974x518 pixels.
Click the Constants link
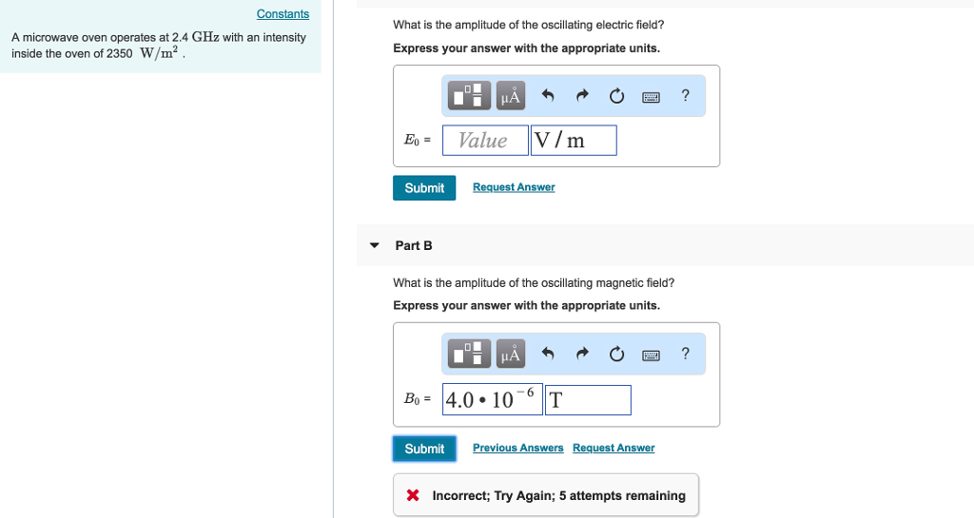click(x=282, y=14)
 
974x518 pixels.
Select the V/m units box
click(x=574, y=141)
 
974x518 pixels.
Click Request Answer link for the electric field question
click(x=514, y=187)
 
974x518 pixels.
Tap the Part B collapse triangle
click(x=375, y=245)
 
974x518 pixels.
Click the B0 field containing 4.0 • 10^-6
click(x=492, y=399)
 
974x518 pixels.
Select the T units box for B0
click(x=587, y=399)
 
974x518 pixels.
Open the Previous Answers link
click(x=517, y=448)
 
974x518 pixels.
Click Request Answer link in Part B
click(x=614, y=448)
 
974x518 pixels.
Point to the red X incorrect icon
click(x=413, y=495)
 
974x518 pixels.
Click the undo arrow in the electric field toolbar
click(x=547, y=96)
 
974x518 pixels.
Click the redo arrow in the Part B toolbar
click(x=582, y=355)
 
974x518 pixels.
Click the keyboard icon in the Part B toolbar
click(x=652, y=355)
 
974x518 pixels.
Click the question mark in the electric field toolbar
click(x=685, y=95)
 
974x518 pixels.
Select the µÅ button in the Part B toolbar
click(x=511, y=355)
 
